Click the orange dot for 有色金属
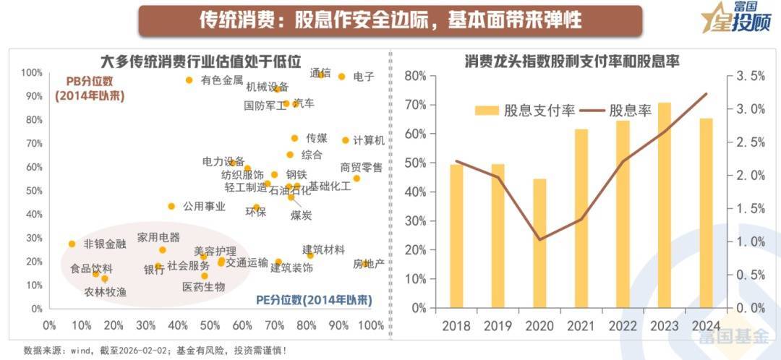[x=189, y=80]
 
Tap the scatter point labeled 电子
[x=342, y=77]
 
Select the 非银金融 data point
[x=72, y=244]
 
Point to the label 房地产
[x=368, y=264]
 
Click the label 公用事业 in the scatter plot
[x=205, y=207]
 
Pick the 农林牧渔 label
[x=106, y=292]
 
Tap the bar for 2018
[x=456, y=236]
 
